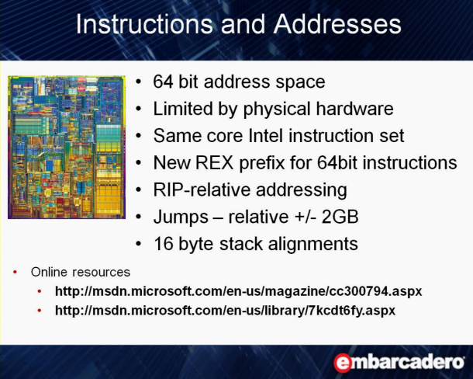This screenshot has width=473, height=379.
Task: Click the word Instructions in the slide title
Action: tap(144, 24)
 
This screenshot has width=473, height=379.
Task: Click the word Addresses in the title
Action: tap(337, 24)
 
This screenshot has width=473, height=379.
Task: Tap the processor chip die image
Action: tap(67, 148)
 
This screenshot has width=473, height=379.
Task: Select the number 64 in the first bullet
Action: tap(163, 82)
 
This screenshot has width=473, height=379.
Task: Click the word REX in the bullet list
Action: tap(215, 162)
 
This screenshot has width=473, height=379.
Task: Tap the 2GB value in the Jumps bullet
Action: tap(340, 217)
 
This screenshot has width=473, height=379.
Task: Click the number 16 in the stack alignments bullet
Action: tap(163, 244)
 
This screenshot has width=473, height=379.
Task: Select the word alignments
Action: tap(312, 244)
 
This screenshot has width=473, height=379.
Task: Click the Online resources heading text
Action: tap(81, 272)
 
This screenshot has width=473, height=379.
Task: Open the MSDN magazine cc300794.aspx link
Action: tap(238, 291)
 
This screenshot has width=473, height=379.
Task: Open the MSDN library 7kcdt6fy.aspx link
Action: tap(225, 311)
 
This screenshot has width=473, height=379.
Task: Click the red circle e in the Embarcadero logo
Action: tap(343, 363)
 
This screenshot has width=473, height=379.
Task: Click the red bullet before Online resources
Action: tap(15, 273)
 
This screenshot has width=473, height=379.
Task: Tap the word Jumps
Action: tap(181, 217)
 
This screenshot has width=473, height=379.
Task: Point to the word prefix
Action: tap(262, 163)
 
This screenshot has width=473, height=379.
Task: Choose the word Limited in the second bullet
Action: tap(182, 109)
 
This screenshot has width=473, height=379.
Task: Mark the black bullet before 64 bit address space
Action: tap(139, 82)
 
